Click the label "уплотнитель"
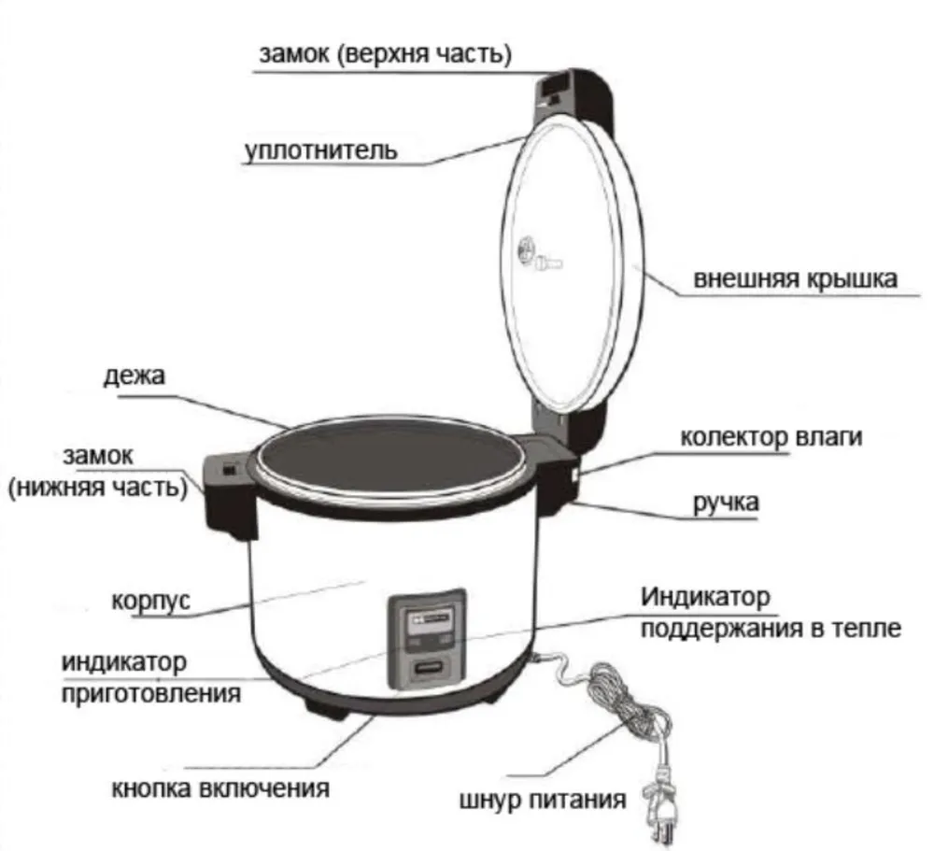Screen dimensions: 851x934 321,150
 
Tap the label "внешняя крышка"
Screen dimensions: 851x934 795,279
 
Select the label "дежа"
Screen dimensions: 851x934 134,377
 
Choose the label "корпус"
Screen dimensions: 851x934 151,599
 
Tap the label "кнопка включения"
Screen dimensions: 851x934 220,787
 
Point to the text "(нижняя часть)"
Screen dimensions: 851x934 98,488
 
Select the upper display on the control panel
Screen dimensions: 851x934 426,622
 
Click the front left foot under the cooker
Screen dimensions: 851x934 323,713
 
